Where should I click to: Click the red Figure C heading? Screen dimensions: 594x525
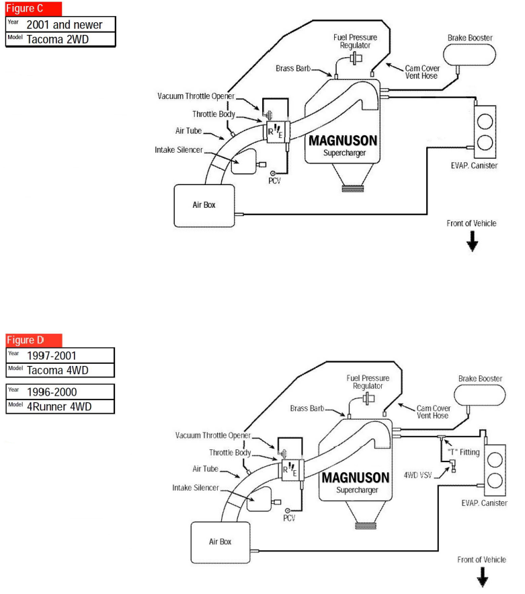[34, 9]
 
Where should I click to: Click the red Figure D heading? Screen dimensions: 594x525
[34, 340]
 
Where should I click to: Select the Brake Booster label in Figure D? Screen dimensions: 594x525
[480, 379]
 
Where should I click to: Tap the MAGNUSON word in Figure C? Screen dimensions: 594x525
[343, 142]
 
